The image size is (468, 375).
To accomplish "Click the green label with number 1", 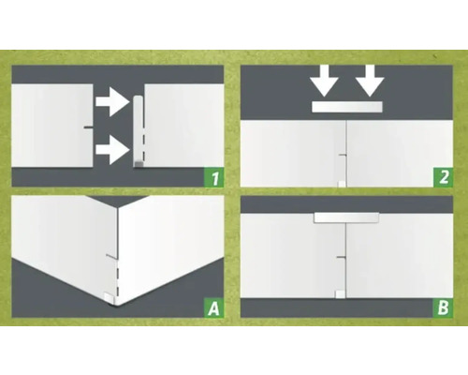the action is tap(213, 178).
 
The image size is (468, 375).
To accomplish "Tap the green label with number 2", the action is tap(443, 177).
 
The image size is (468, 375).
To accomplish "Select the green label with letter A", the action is tap(213, 307).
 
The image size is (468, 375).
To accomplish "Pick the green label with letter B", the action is tap(443, 307).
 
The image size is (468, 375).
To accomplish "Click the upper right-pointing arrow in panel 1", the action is tap(112, 102).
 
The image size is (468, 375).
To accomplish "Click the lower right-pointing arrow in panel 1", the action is tap(112, 150).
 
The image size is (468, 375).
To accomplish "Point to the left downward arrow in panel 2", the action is tap(324, 81).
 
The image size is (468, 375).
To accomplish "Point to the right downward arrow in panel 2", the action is tap(370, 81).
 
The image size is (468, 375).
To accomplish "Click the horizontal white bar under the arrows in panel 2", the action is tap(347, 107).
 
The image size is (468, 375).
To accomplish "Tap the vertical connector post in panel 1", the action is tap(138, 131).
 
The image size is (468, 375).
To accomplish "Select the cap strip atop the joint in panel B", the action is tap(346, 217).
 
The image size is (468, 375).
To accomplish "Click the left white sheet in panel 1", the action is tap(52, 126).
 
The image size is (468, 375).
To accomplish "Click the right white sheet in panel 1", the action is tap(184, 126).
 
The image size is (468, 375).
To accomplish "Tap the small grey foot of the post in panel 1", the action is tap(139, 164).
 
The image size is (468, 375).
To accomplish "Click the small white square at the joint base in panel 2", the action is tap(342, 184).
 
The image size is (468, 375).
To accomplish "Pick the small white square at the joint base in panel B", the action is tap(340, 294).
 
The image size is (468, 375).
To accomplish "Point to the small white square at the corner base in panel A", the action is tap(110, 298).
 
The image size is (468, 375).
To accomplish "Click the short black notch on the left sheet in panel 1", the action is tap(88, 127).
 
